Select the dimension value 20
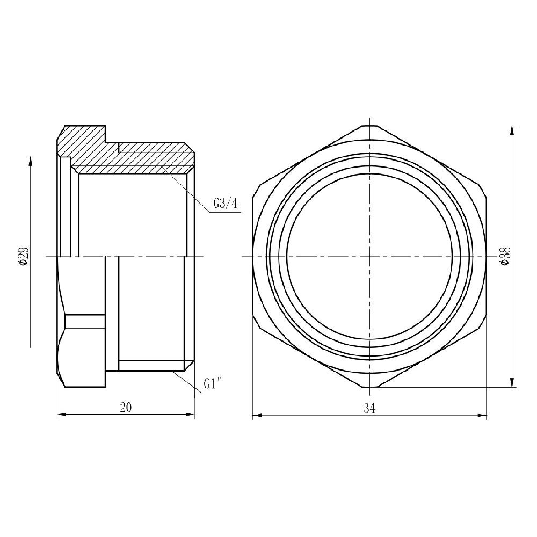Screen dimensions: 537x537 [x=125, y=408]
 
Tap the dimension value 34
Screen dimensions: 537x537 [x=369, y=409]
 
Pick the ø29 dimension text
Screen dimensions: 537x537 [x=23, y=257]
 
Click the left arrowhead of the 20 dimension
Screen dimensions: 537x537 [x=61, y=415]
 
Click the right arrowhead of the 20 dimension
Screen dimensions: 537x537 [x=190, y=415]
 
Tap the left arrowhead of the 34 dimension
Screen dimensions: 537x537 [x=256, y=415]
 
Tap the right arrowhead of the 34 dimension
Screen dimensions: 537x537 [x=483, y=415]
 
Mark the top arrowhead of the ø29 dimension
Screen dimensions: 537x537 [x=31, y=160]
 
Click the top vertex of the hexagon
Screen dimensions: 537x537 [x=369, y=126]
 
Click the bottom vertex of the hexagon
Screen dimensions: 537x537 [x=369, y=388]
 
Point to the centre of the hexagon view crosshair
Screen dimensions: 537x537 [x=369, y=257]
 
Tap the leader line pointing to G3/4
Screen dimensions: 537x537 [x=188, y=190]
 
